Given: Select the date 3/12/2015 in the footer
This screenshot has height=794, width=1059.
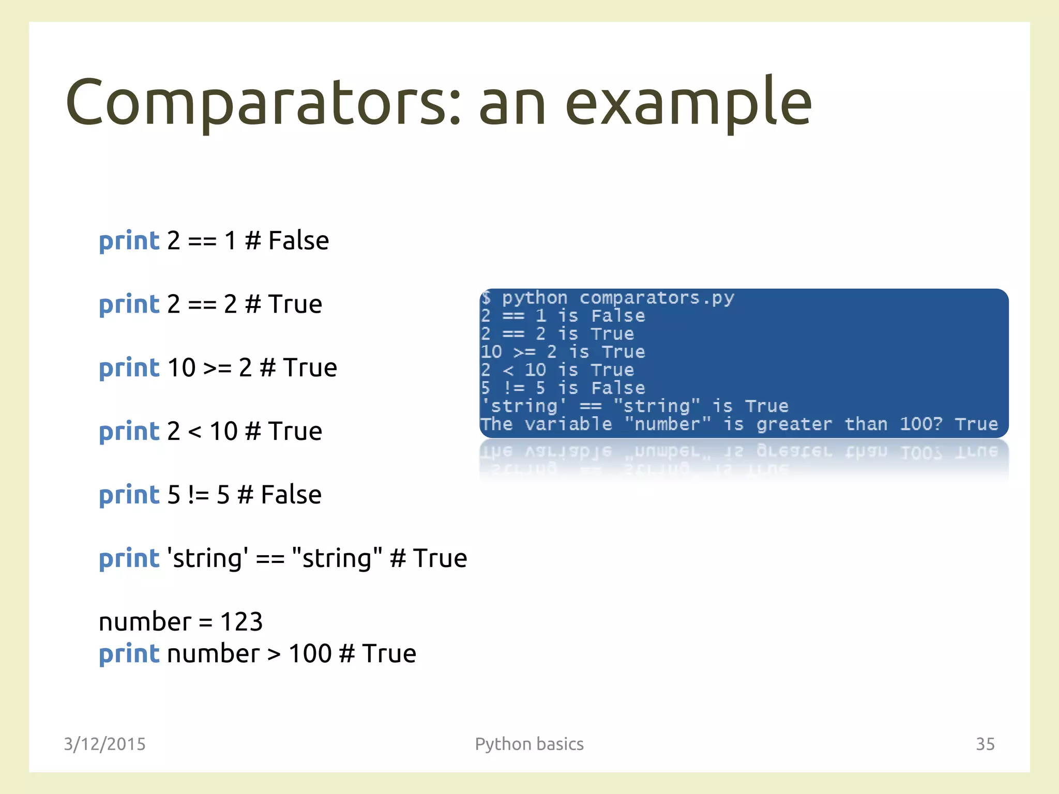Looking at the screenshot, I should (104, 744).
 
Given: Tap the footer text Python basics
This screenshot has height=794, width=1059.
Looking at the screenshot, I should (529, 744).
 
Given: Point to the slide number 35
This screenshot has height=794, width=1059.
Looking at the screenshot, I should (985, 744).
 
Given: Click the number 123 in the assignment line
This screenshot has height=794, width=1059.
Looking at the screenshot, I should (241, 621).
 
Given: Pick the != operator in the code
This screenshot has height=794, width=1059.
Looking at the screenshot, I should (199, 495).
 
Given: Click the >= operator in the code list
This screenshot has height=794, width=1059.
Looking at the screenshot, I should (217, 368).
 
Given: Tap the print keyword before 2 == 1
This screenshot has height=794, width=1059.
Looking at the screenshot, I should (129, 241).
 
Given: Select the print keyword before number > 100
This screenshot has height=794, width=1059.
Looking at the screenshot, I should (129, 654).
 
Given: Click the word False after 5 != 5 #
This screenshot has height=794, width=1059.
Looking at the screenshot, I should (291, 495).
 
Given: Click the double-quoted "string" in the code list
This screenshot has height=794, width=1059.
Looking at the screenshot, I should (337, 558).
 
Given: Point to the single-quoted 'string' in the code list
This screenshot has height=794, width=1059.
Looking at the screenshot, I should (207, 558).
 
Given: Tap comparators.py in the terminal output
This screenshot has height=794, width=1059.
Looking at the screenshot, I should (656, 298).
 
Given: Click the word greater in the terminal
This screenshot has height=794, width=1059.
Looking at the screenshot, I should (794, 424).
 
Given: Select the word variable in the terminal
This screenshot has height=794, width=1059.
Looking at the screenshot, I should (568, 424).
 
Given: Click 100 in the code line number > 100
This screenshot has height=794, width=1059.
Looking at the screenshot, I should (310, 653).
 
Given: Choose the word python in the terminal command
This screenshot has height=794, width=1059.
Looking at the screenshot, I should (535, 298).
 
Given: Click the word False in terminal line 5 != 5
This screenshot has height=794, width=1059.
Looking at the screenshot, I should (618, 388).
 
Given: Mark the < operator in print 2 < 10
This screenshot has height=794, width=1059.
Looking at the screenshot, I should (194, 432).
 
